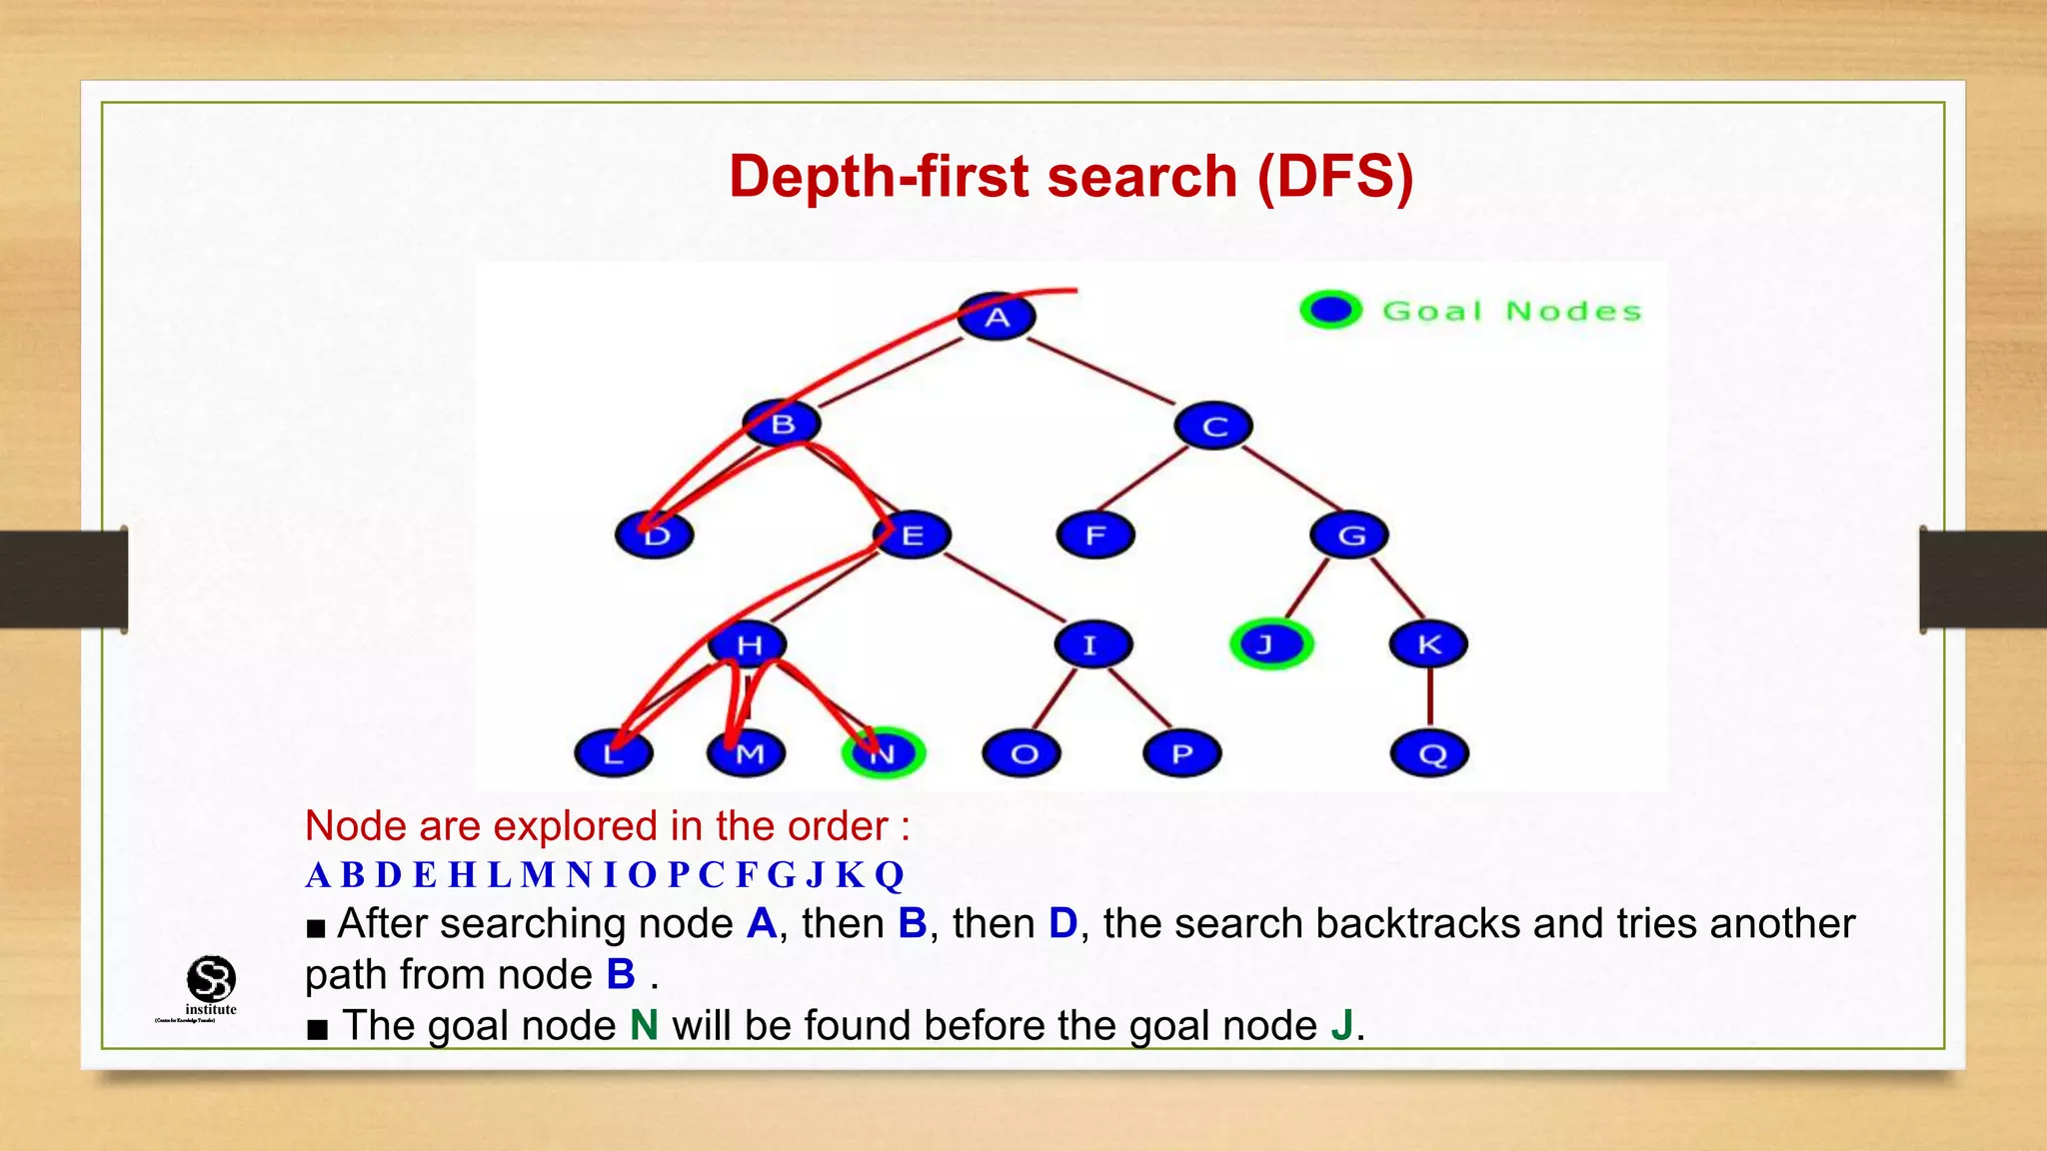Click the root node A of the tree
click(997, 318)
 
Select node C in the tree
click(1214, 427)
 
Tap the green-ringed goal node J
click(1270, 644)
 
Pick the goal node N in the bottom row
click(884, 753)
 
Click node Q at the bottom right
click(1430, 753)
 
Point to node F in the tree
click(1095, 536)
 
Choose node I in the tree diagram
click(1092, 644)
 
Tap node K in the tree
click(1429, 644)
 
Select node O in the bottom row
click(1023, 753)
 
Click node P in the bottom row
click(1182, 753)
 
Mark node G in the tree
click(1350, 536)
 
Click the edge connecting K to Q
click(1430, 697)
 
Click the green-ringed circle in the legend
click(1330, 310)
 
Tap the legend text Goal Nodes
click(1511, 312)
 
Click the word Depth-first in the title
click(880, 177)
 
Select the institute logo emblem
click(211, 978)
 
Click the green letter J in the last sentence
click(1342, 1026)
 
